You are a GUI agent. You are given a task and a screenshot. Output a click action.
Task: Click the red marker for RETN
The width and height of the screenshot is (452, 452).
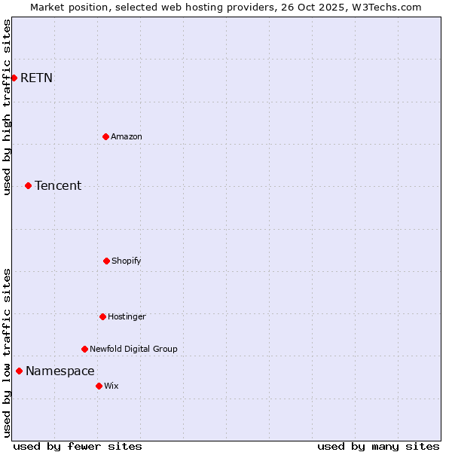tap(14, 78)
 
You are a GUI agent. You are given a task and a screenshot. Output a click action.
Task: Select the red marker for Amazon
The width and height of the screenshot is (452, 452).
tap(105, 136)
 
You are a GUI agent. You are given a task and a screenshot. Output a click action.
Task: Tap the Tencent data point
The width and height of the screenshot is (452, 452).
tap(28, 185)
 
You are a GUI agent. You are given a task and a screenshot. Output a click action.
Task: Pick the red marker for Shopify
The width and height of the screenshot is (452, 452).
tap(106, 261)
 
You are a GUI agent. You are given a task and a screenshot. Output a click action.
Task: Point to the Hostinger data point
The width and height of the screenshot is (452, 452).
tap(102, 316)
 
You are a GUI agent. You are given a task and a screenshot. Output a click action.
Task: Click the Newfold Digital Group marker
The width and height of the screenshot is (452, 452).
tap(84, 349)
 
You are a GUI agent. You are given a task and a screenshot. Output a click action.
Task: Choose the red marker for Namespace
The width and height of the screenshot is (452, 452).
tap(19, 371)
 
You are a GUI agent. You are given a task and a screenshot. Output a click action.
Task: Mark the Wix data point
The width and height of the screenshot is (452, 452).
tap(99, 386)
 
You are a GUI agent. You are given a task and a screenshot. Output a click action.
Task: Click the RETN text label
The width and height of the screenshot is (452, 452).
tap(36, 78)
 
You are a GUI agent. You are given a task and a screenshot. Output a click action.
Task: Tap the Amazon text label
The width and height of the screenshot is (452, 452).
tap(127, 136)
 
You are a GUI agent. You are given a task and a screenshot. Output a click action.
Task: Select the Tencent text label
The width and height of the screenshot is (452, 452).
tap(58, 185)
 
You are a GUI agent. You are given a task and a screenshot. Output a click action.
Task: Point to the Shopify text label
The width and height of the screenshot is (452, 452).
tap(127, 261)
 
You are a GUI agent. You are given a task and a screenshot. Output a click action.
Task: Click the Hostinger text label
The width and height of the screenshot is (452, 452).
tap(127, 316)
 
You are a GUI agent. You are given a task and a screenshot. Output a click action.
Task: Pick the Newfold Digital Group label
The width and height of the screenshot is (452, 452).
tap(133, 349)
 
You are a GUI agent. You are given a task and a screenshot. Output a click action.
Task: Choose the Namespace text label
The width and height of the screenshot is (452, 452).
tap(60, 371)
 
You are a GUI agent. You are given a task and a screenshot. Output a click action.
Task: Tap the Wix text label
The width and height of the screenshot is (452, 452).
tap(111, 386)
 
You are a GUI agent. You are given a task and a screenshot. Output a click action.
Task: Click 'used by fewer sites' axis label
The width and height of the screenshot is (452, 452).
tap(78, 446)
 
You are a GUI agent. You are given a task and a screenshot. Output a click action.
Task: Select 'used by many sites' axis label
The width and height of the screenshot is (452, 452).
tap(378, 446)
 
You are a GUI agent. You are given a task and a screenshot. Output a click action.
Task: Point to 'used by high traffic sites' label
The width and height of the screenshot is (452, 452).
tap(7, 107)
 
